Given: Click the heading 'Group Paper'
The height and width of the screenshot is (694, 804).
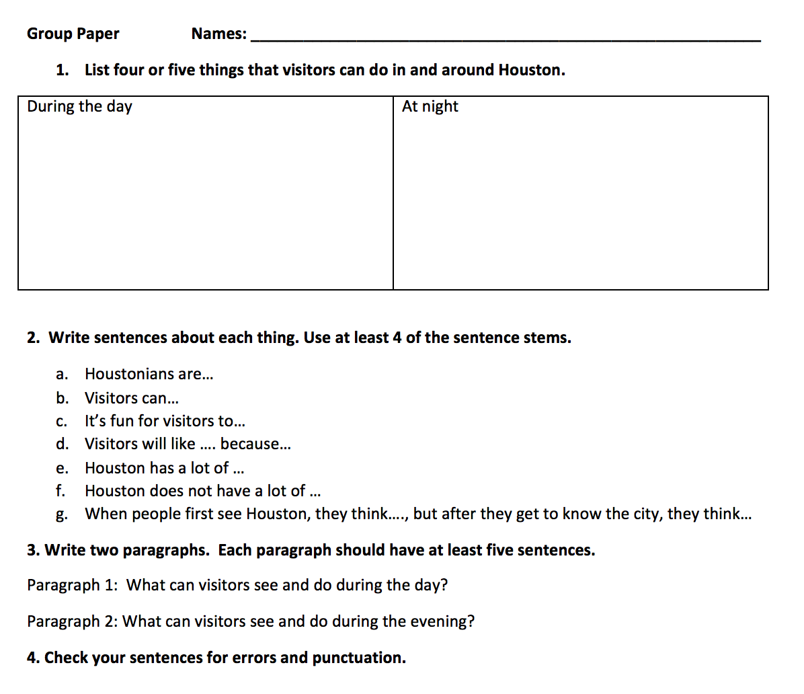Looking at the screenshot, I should (x=73, y=34).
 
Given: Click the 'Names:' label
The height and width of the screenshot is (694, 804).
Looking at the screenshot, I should (x=218, y=34).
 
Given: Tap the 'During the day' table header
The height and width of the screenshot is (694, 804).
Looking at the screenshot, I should (x=79, y=106).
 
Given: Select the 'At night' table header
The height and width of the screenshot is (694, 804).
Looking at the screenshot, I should (x=430, y=106).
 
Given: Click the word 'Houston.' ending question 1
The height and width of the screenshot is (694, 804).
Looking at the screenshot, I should (x=531, y=70).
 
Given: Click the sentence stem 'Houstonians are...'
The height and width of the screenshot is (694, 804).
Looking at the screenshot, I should (x=149, y=374).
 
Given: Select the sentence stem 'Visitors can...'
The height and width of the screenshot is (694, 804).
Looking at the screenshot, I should (x=131, y=397).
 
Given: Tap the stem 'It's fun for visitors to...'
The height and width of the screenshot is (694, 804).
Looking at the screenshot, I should (x=164, y=421).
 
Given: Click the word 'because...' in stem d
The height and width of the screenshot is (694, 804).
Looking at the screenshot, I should (x=255, y=444).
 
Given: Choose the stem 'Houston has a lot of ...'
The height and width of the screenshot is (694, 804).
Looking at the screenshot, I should (x=163, y=467).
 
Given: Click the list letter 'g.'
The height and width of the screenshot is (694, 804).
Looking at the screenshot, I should (x=61, y=515).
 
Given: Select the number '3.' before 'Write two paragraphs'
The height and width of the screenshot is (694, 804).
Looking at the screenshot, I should (x=33, y=550).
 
